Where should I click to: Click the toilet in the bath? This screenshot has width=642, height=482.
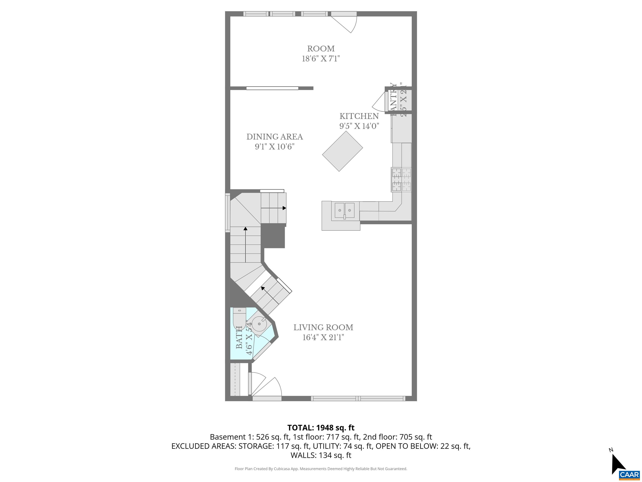[239, 320]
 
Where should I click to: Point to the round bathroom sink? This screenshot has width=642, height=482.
[259, 324]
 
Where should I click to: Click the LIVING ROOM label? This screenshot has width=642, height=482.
[323, 327]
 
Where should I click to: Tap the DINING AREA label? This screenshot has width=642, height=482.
[275, 137]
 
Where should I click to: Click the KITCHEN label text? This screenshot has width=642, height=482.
[359, 116]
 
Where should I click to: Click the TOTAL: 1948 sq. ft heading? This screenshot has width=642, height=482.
[321, 428]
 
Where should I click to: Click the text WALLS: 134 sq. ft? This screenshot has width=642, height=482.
[321, 455]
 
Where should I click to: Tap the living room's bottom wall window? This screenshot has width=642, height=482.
[358, 399]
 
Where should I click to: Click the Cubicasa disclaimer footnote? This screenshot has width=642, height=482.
[321, 469]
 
